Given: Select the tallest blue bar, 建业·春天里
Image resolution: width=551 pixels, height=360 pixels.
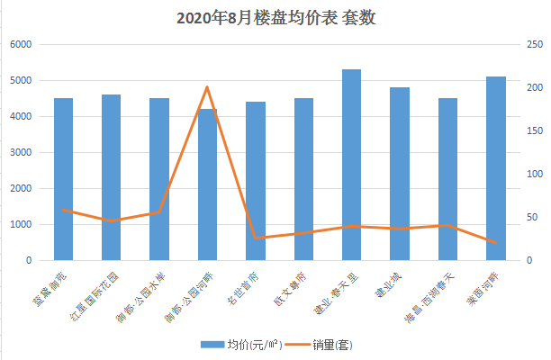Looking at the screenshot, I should pos(351,166).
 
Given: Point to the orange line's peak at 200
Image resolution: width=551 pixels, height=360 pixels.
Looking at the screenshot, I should pos(207,87).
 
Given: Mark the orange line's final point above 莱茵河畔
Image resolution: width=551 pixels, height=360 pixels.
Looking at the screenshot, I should pos(495,243).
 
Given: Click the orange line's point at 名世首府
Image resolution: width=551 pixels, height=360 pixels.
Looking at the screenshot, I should pos(256,238).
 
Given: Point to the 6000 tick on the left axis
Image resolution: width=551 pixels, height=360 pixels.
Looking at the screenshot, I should pos(21,44).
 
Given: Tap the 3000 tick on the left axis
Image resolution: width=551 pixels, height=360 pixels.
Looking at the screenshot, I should pos(21,152).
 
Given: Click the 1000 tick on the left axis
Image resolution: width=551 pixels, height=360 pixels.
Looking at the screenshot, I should pos(21,224).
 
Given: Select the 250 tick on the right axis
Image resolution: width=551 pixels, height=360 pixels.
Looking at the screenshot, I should pos(533,44).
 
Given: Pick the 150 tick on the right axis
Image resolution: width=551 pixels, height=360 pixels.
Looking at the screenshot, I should pos(533,130).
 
